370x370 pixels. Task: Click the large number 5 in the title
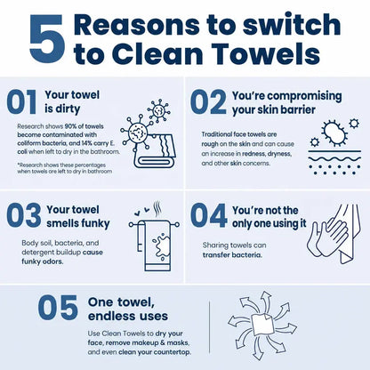click(47, 39)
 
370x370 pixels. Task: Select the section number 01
click(21, 102)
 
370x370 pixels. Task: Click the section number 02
click(209, 102)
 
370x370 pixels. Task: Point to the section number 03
click(24, 215)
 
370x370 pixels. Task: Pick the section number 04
click(209, 215)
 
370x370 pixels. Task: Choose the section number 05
click(58, 308)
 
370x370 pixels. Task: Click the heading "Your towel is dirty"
click(72, 102)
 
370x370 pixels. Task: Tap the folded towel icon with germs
click(148, 133)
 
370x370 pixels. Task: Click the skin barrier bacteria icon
click(335, 147)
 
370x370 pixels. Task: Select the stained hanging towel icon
click(154, 237)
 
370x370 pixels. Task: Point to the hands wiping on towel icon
click(334, 234)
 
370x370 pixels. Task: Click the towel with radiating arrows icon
click(262, 326)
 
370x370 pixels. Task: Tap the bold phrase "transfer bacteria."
click(232, 255)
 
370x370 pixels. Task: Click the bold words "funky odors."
click(43, 261)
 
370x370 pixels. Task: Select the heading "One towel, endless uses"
click(128, 310)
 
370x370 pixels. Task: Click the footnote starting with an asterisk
click(65, 168)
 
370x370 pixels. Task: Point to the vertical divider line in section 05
click(210, 327)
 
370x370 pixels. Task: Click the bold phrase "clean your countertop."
click(155, 352)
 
